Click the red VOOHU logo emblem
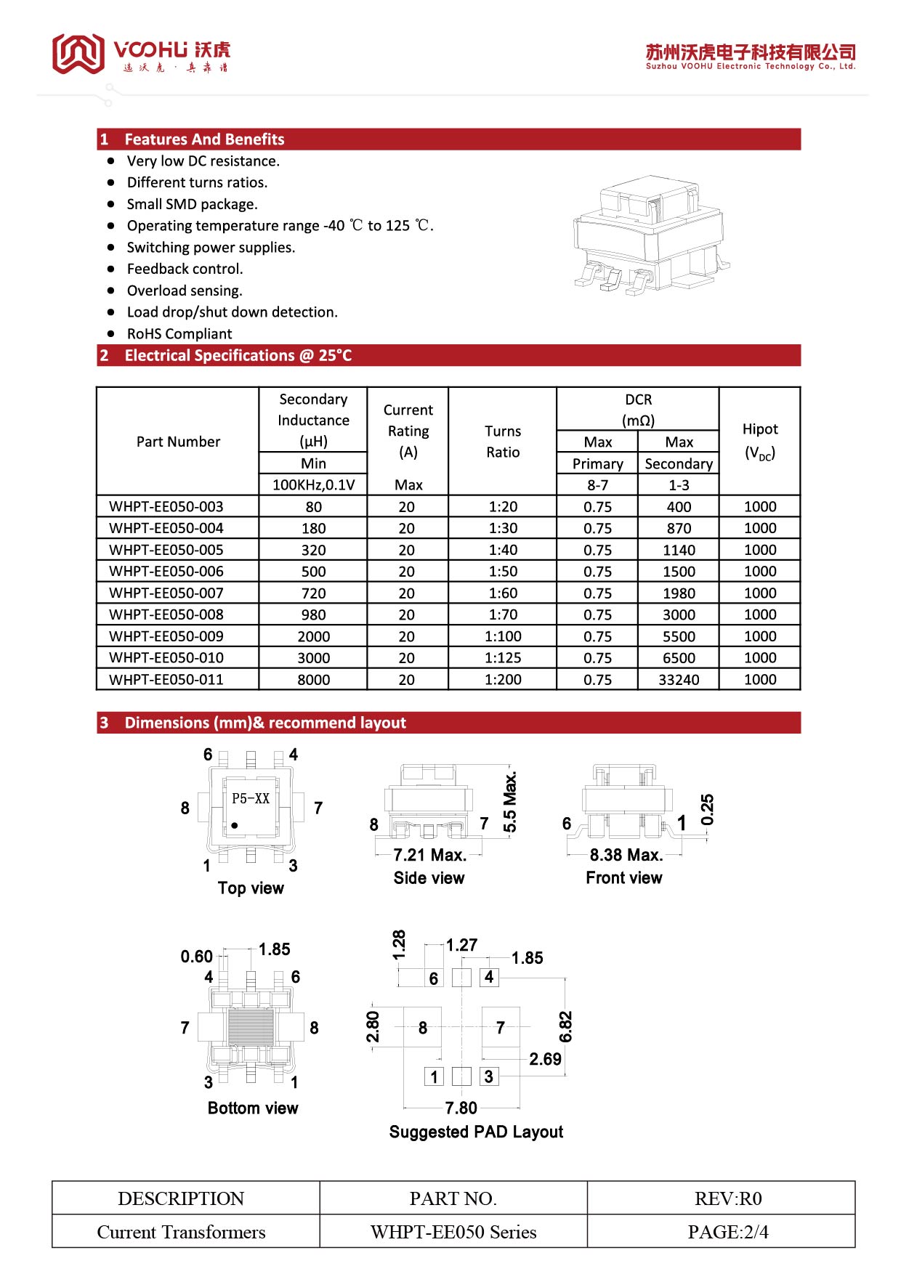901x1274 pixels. point(78,53)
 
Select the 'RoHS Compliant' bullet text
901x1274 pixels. point(179,334)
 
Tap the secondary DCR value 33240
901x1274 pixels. point(679,680)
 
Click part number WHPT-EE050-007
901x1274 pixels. point(166,593)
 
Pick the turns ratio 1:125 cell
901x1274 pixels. point(503,658)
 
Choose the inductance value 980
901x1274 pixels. point(313,615)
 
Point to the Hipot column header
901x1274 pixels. point(760,441)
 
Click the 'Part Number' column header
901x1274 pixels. point(178,442)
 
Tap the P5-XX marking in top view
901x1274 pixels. point(251,798)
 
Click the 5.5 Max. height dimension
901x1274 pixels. point(511,803)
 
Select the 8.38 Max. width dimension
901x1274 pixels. point(626,855)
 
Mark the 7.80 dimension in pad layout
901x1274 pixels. point(461,1108)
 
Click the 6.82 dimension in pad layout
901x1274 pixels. point(566,1026)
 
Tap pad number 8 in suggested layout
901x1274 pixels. point(423,1028)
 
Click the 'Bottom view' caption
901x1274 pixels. point(253,1108)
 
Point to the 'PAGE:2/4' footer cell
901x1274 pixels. point(728,1232)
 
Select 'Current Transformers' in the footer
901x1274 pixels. point(182,1232)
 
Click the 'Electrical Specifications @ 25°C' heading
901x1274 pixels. point(238,356)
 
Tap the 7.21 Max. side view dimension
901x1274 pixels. point(429,855)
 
